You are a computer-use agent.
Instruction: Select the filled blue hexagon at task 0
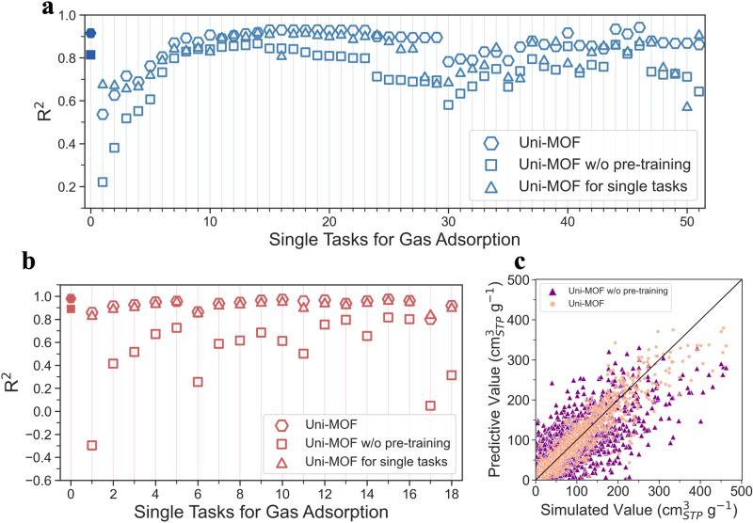[x=90, y=34]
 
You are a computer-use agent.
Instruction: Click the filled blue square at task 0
[x=90, y=55]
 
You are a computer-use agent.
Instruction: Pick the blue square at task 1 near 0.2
[x=103, y=182]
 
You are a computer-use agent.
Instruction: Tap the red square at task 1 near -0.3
[x=92, y=445]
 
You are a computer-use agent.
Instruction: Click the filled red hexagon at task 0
[x=71, y=298]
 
